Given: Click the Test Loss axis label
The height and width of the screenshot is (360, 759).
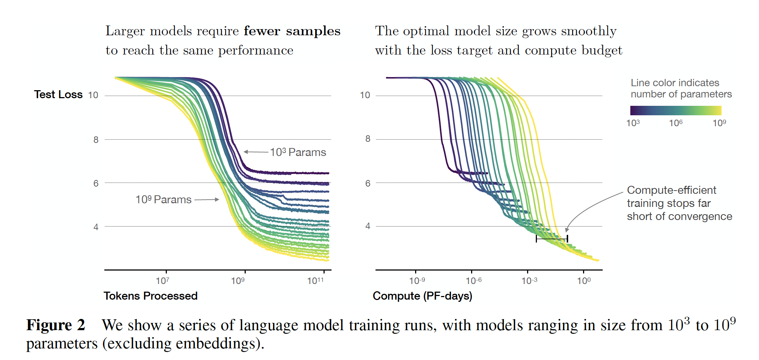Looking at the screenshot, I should click(x=58, y=95).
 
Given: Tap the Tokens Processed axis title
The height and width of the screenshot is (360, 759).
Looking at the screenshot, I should click(x=150, y=296).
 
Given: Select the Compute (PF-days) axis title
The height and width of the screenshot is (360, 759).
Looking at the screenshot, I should click(x=422, y=296).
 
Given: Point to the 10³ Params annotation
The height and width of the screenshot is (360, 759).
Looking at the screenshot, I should click(x=298, y=152).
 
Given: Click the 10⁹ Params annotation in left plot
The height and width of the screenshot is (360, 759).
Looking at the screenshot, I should click(x=163, y=199).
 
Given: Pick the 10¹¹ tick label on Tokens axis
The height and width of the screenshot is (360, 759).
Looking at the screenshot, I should click(x=315, y=281).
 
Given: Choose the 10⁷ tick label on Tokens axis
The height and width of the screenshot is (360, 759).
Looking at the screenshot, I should click(x=162, y=281).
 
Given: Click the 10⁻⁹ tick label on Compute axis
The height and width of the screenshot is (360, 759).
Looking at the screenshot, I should click(x=417, y=281).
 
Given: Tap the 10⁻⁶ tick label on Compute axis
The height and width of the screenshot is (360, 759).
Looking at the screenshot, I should click(x=474, y=281).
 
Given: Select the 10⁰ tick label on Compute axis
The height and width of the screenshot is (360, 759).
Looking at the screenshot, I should click(x=584, y=281).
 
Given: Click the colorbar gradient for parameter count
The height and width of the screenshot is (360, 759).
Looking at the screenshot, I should click(x=675, y=111).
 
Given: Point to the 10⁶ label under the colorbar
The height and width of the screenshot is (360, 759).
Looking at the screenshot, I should click(x=676, y=123).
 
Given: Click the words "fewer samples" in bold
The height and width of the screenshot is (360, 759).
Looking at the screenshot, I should click(x=292, y=31).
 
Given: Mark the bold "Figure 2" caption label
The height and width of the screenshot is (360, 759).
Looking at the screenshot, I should click(x=56, y=325).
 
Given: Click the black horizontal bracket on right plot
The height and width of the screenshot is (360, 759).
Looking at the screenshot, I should click(x=551, y=239).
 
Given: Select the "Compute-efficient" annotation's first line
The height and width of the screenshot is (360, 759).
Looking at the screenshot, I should click(x=671, y=190).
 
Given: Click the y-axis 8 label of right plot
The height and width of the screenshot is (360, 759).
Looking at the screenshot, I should click(x=368, y=139).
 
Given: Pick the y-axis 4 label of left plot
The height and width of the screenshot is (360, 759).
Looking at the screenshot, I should click(x=96, y=227).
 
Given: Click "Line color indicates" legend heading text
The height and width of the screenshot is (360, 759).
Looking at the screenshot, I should click(x=675, y=83).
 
